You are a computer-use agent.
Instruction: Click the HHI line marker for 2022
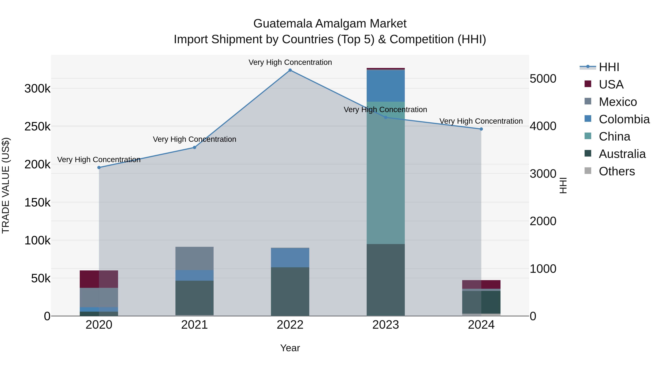[x=290, y=70]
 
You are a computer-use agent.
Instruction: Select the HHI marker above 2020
[x=99, y=167]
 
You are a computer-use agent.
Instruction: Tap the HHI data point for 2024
[x=481, y=129]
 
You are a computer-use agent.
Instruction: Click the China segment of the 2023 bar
[x=386, y=173]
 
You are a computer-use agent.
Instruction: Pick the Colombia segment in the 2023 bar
[x=386, y=86]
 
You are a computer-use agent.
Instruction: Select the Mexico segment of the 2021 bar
[x=195, y=258]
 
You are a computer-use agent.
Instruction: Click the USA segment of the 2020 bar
[x=99, y=279]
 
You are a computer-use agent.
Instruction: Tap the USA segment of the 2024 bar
[x=481, y=285]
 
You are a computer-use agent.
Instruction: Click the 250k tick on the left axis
[x=37, y=126]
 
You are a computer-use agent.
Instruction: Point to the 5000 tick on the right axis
[x=543, y=79]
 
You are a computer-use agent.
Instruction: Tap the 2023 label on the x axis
[x=386, y=325]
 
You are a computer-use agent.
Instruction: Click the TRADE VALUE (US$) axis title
[x=6, y=185]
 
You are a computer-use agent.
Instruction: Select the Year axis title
[x=290, y=348]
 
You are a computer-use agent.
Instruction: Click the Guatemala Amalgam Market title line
[x=330, y=24]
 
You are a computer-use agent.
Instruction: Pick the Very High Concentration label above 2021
[x=195, y=139]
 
